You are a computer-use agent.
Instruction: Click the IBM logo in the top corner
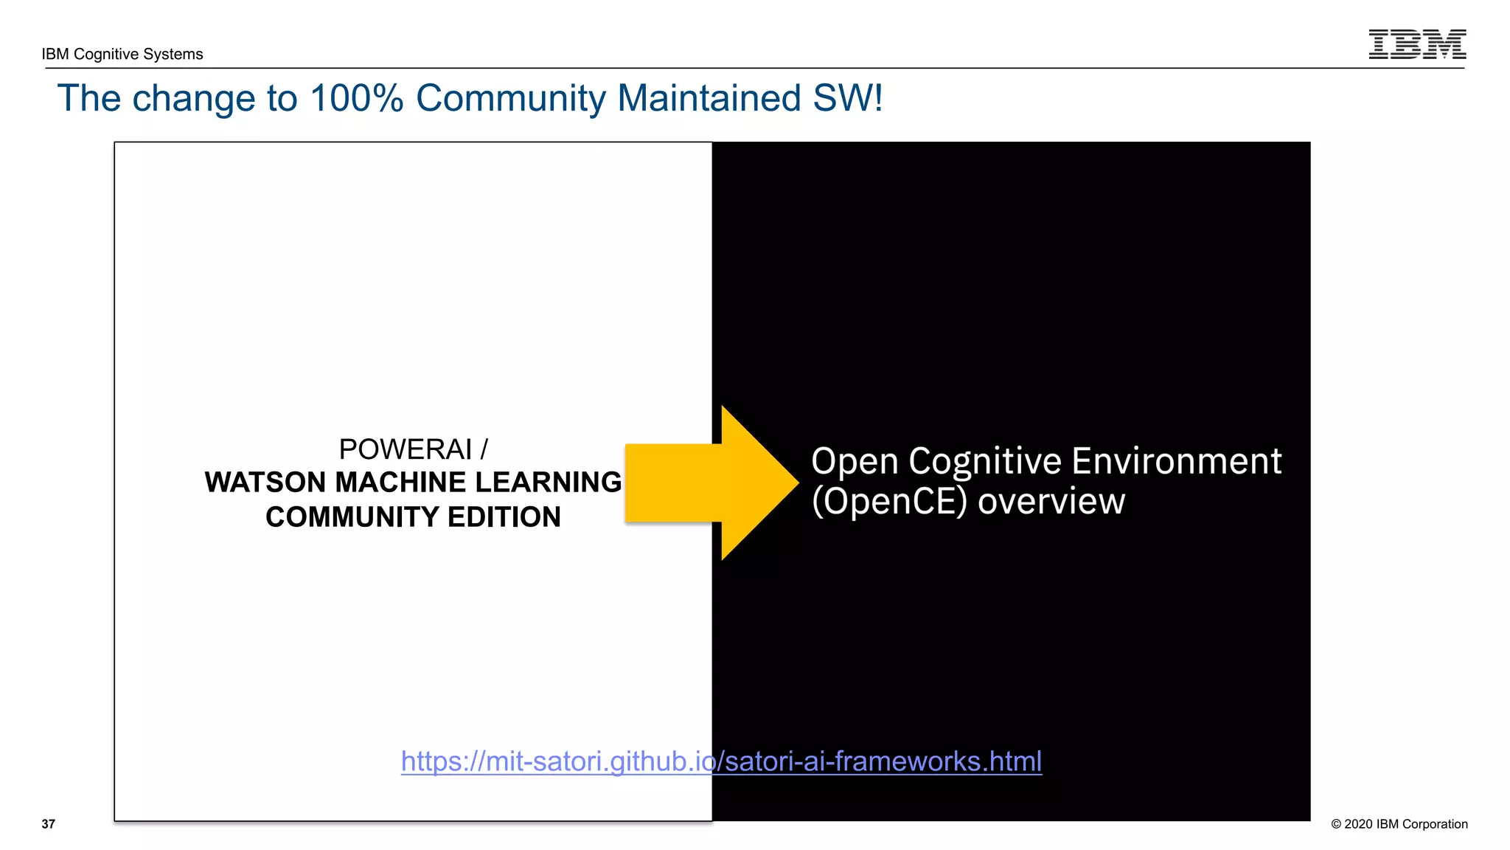pyautogui.click(x=1416, y=44)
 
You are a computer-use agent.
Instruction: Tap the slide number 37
pyautogui.click(x=49, y=824)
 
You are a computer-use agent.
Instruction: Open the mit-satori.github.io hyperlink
pyautogui.click(x=721, y=761)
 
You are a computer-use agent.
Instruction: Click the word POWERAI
pyautogui.click(x=405, y=449)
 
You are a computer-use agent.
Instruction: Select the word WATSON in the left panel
pyautogui.click(x=265, y=483)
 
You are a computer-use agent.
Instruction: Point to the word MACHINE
pyautogui.click(x=400, y=483)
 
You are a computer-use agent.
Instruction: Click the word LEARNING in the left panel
pyautogui.click(x=549, y=483)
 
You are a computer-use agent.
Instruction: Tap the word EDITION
pyautogui.click(x=504, y=517)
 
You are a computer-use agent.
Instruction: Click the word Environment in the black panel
pyautogui.click(x=1176, y=462)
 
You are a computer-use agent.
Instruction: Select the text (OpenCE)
pyautogui.click(x=888, y=502)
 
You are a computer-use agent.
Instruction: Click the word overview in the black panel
pyautogui.click(x=1051, y=502)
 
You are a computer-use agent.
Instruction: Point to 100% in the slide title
pyautogui.click(x=357, y=98)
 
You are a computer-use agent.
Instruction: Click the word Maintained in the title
pyautogui.click(x=709, y=98)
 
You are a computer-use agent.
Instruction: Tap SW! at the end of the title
pyautogui.click(x=848, y=98)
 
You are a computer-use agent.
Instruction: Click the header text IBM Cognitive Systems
pyautogui.click(x=122, y=54)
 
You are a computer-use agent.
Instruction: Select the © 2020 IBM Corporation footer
pyautogui.click(x=1399, y=824)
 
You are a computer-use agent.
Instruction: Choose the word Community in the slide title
pyautogui.click(x=510, y=98)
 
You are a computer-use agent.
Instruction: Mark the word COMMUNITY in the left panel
pyautogui.click(x=351, y=517)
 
